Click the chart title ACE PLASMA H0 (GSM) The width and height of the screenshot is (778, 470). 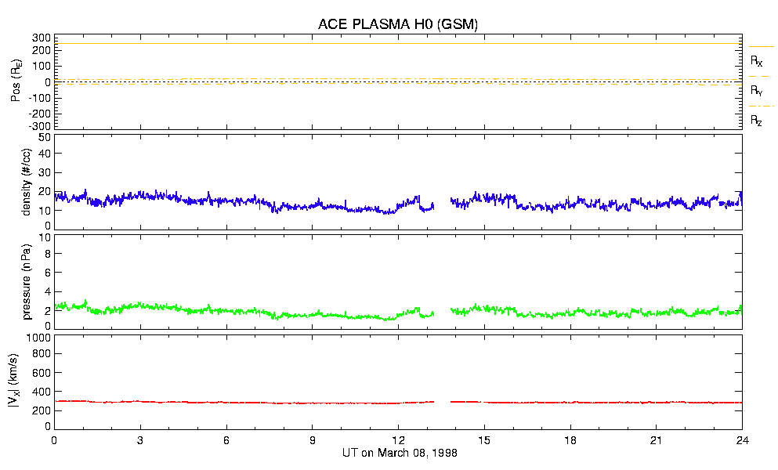click(x=398, y=24)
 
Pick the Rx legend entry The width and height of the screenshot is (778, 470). click(x=757, y=60)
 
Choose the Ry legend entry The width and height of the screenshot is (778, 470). click(x=757, y=91)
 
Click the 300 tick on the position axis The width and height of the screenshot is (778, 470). click(x=42, y=38)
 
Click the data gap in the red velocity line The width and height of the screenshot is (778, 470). click(x=442, y=402)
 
